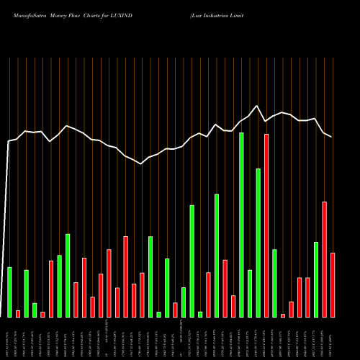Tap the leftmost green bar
9,292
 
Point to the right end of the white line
332,137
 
